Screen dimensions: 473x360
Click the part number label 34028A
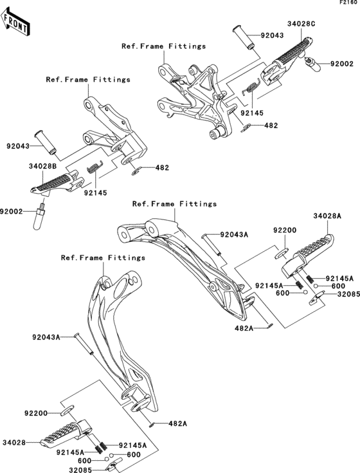pyautogui.click(x=327, y=216)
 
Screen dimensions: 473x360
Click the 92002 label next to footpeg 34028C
pyautogui.click(x=342, y=64)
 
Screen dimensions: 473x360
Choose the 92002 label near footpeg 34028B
pyautogui.click(x=12, y=211)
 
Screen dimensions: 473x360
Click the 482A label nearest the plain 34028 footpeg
pyautogui.click(x=177, y=424)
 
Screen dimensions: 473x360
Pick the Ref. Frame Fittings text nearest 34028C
pyautogui.click(x=164, y=46)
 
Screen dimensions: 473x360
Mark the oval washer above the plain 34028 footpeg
pyautogui.click(x=68, y=409)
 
